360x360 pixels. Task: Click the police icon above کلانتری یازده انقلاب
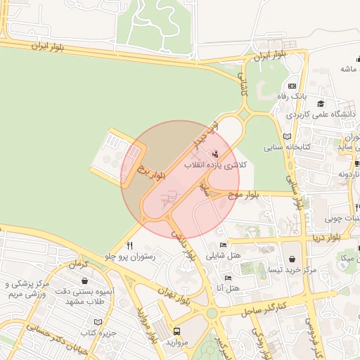pos(215,153)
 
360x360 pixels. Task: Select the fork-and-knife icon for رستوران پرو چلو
pos(129,246)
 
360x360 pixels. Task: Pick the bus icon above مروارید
pos(176,330)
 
